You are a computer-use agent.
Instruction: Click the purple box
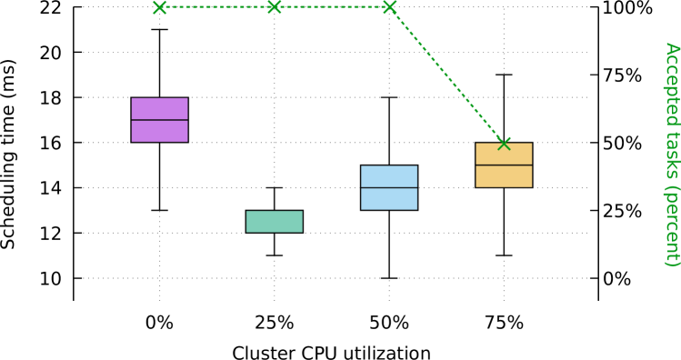pos(159,120)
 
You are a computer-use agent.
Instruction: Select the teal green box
pos(274,222)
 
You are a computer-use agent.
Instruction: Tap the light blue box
pos(388,187)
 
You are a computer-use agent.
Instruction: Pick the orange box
pos(503,165)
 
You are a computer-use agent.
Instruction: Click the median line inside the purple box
pos(159,120)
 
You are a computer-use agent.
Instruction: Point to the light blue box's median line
pos(388,187)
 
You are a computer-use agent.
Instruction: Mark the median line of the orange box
pos(503,165)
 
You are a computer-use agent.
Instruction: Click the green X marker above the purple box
pos(160,7)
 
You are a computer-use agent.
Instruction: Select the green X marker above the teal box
pos(274,7)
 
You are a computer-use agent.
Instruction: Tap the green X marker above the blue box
pos(389,7)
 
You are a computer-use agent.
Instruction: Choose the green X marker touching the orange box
pos(504,143)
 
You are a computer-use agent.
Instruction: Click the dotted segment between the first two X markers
pos(216,7)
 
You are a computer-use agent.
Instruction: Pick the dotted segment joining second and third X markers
pos(331,7)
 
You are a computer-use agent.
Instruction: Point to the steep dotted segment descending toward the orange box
pos(446,75)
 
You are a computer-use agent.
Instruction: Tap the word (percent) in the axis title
pos(671,225)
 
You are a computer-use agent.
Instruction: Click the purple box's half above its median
pos(159,109)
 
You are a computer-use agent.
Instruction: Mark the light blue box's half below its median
pos(388,198)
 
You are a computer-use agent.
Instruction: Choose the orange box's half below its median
pos(503,176)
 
